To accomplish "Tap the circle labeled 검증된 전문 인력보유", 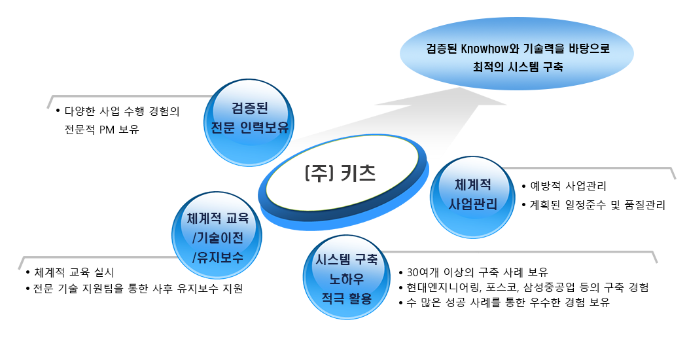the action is pyautogui.click(x=249, y=122).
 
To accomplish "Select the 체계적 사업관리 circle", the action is pyautogui.click(x=472, y=197).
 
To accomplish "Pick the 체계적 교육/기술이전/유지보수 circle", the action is pyautogui.click(x=217, y=235).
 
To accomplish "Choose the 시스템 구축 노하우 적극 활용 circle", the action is pyautogui.click(x=347, y=277).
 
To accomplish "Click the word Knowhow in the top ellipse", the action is pyautogui.click(x=484, y=48).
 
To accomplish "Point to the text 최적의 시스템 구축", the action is pyautogui.click(x=518, y=67).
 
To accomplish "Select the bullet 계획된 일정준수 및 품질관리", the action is pyautogui.click(x=597, y=205).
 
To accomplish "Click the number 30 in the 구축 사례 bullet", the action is pyautogui.click(x=413, y=272).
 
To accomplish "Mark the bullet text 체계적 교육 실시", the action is pyautogui.click(x=74, y=272).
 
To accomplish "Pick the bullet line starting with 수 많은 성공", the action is pyautogui.click(x=508, y=302).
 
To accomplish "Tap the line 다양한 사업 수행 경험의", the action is pyautogui.click(x=122, y=111).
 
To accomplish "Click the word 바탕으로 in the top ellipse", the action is pyautogui.click(x=590, y=48).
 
